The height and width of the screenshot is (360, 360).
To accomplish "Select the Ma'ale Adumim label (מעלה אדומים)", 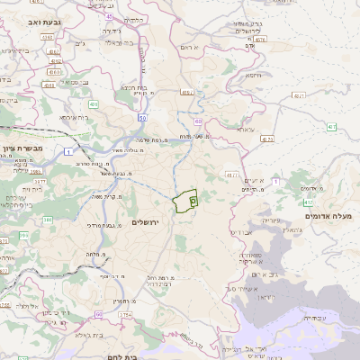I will (332, 217).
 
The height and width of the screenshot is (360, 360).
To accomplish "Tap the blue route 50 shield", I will (142, 118).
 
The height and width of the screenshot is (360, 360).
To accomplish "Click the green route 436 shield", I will (93, 105).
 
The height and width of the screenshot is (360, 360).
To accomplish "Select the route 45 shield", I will (109, 16).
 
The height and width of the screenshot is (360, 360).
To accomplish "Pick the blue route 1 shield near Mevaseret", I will (68, 151).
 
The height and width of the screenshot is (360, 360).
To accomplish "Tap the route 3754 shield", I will (125, 315).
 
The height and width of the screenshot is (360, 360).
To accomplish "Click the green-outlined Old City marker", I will (193, 203).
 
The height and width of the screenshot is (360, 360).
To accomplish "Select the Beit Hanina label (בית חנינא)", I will (132, 87).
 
